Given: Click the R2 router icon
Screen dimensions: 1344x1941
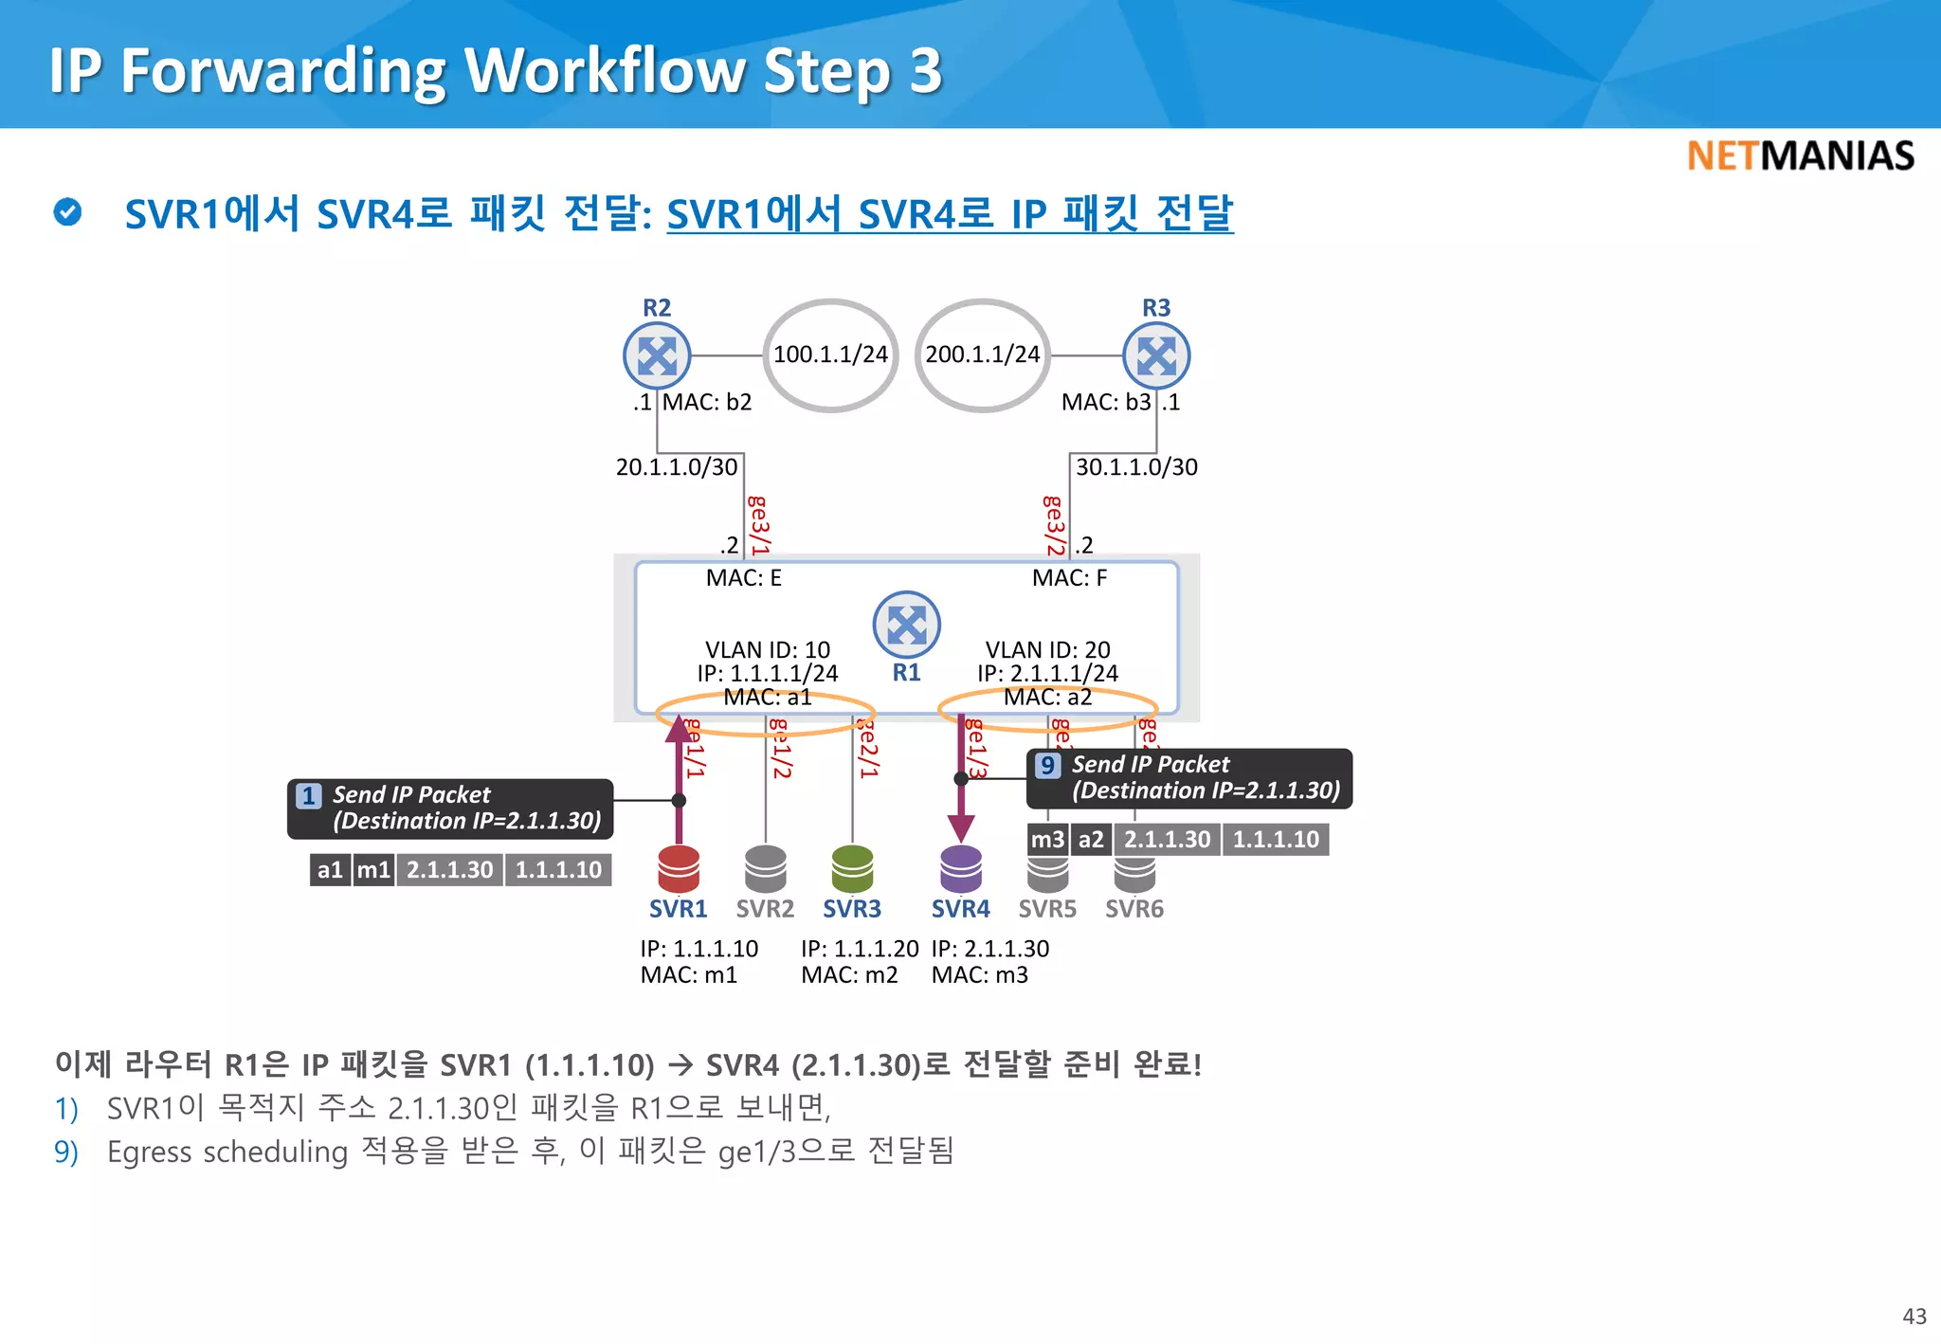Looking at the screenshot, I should tap(657, 356).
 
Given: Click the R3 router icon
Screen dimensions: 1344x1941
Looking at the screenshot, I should tap(1156, 356).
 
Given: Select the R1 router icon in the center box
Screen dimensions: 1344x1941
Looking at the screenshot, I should tap(907, 626).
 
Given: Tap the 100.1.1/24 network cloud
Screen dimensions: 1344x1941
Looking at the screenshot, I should tap(830, 355).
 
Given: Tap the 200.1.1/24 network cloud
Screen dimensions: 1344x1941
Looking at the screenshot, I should tap(983, 355).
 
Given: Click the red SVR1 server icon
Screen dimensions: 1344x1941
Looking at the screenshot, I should tap(679, 868).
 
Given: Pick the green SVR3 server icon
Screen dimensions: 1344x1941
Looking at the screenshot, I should tap(852, 868).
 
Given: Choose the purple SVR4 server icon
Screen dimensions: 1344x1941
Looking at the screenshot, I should tap(961, 868).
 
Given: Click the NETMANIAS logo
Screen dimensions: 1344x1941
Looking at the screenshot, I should tap(1801, 156).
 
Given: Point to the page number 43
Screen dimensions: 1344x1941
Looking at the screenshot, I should tap(1914, 1317).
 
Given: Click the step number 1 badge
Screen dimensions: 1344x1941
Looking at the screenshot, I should tap(309, 795).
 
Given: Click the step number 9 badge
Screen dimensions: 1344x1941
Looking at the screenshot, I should tap(1047, 765).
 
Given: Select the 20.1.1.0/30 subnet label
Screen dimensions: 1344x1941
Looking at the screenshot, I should tap(677, 467).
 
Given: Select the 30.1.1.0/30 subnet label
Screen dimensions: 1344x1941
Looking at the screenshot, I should tap(1136, 467).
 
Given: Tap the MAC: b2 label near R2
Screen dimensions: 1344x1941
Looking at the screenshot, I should tap(707, 403).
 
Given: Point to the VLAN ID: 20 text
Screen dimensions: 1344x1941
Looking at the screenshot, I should tap(1047, 650).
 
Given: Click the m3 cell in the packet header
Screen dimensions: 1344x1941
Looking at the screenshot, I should tap(1047, 840).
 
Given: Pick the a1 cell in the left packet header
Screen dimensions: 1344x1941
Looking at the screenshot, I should tap(330, 870).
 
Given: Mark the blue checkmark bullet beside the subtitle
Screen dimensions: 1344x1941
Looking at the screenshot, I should tap(68, 212).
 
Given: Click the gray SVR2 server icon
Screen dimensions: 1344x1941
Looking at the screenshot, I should tap(766, 868).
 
